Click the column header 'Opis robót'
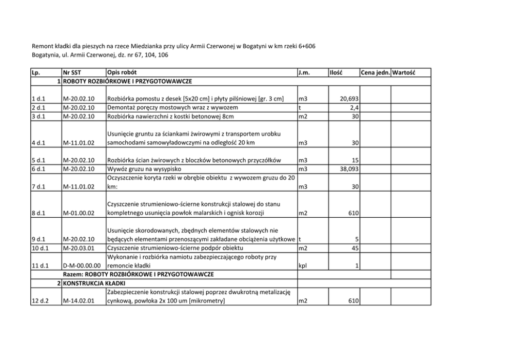(x=122, y=73)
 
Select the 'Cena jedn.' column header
(x=376, y=73)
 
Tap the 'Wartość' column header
(x=403, y=73)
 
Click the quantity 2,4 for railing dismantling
(x=353, y=108)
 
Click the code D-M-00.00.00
(x=83, y=266)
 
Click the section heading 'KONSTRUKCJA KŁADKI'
(x=95, y=283)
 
